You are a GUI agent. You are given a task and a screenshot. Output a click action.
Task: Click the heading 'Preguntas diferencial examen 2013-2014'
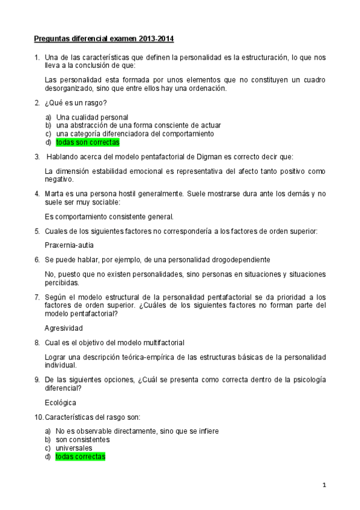(x=103, y=39)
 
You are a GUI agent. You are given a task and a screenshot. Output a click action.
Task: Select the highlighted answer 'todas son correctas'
(x=88, y=143)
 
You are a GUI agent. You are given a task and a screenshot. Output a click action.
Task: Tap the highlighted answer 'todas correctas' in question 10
(x=81, y=456)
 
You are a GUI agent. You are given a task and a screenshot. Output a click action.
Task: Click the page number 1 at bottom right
(x=323, y=485)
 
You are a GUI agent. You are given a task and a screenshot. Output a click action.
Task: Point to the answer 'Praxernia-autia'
(x=69, y=245)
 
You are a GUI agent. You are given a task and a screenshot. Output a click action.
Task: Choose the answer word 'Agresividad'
(x=64, y=328)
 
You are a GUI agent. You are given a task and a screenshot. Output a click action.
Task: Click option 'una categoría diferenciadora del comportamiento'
(x=135, y=134)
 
